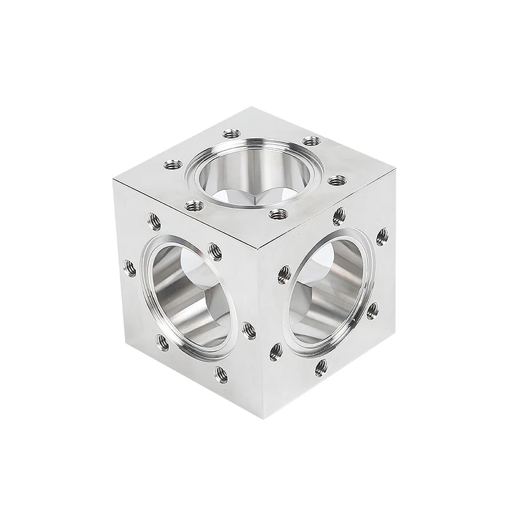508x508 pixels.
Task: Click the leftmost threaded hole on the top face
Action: click(173, 164)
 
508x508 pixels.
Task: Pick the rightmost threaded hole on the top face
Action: click(337, 181)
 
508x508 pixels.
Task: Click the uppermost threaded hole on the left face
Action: click(154, 220)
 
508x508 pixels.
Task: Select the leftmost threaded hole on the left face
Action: click(130, 268)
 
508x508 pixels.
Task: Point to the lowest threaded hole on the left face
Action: click(221, 375)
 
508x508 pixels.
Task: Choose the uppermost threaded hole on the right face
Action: click(339, 216)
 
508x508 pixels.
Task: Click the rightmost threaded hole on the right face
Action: click(382, 236)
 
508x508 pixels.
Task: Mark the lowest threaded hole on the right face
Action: click(321, 367)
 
